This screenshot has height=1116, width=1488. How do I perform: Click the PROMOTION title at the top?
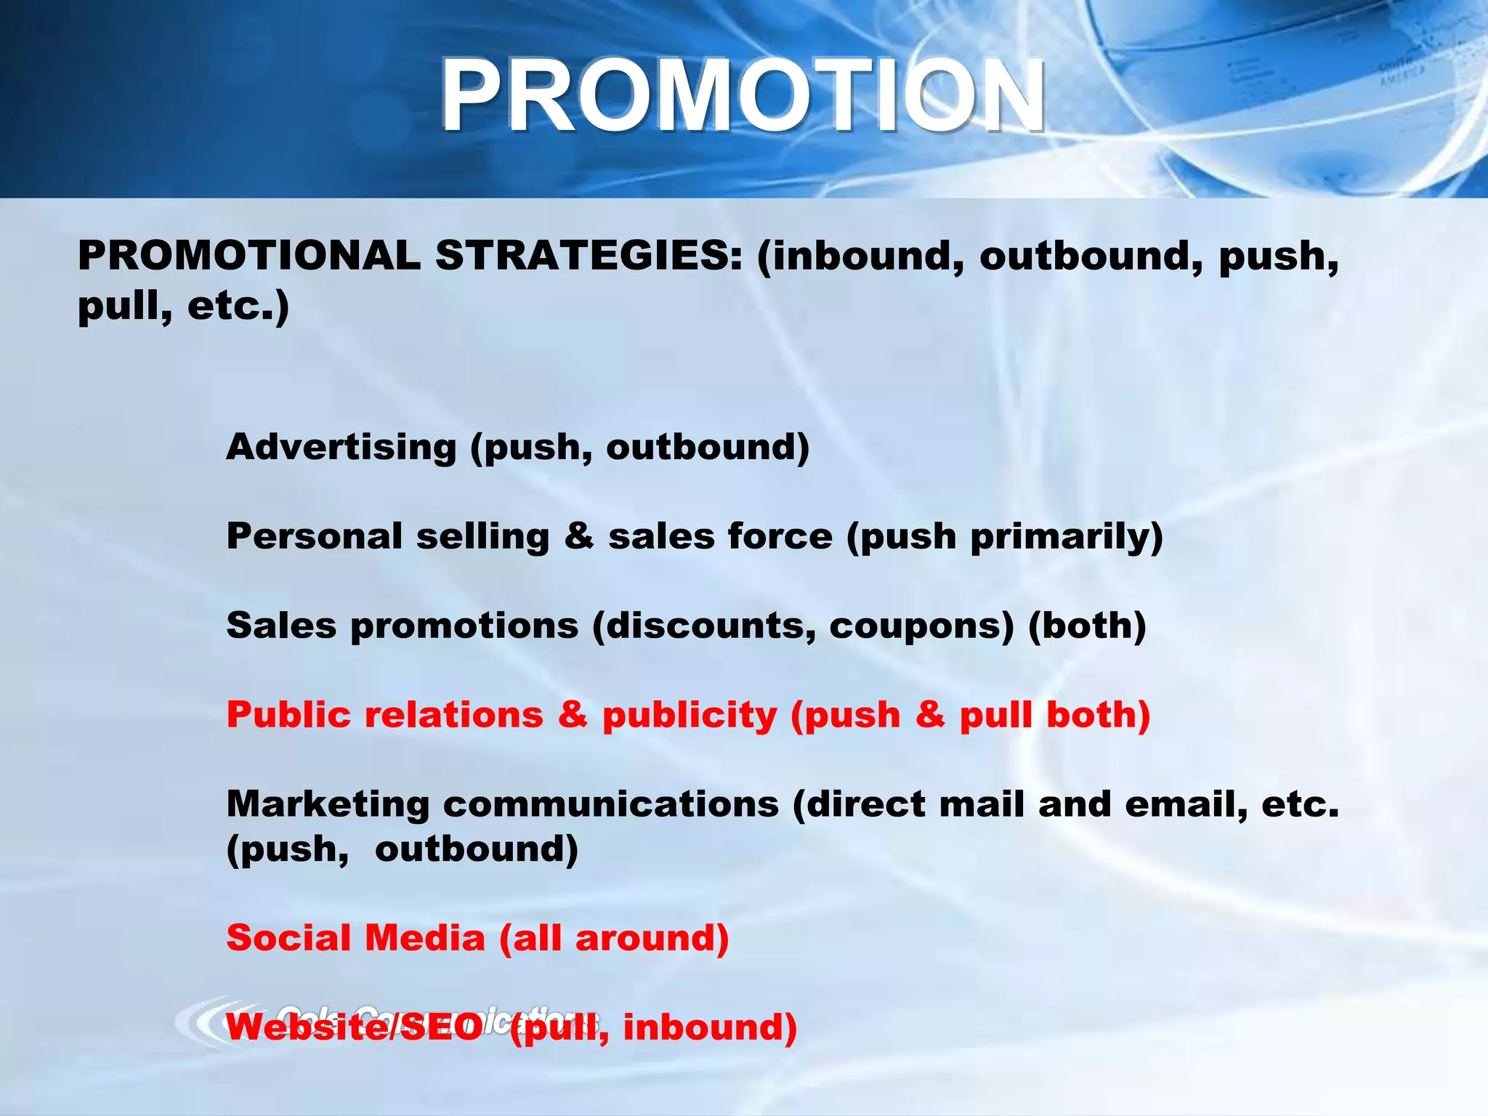743,95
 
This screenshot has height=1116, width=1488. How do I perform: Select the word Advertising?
341,446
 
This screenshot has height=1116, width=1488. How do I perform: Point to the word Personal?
314,536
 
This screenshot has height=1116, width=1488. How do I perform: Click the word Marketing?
328,805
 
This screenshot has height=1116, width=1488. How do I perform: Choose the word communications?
610,804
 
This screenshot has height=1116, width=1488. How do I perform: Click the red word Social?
288,938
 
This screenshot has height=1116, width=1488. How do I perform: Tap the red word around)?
652,939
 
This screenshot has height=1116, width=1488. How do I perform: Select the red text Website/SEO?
355,1027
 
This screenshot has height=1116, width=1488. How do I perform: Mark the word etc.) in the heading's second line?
238,307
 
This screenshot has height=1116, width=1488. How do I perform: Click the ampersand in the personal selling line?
578,536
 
